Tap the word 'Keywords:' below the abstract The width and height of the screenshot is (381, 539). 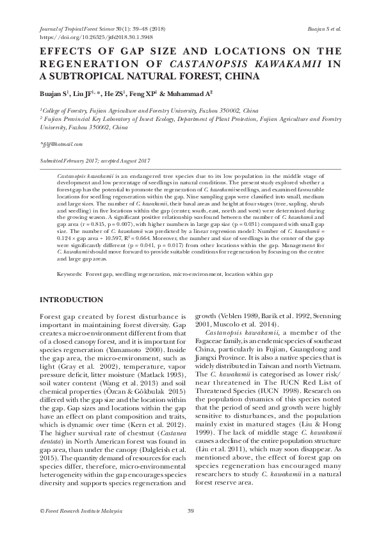(x=69, y=274)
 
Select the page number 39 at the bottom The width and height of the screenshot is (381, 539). (x=190, y=510)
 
